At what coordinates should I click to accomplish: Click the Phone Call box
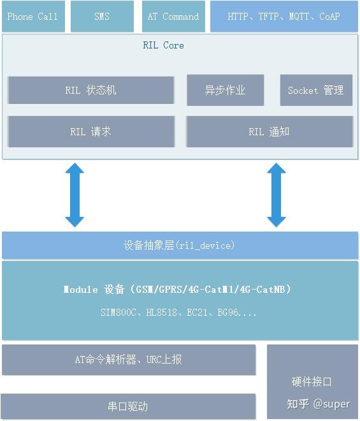click(x=32, y=17)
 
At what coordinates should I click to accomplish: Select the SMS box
click(x=102, y=17)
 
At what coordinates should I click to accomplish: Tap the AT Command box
click(x=173, y=17)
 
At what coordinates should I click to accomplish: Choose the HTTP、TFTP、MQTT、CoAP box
click(x=284, y=17)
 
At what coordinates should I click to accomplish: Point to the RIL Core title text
click(x=163, y=45)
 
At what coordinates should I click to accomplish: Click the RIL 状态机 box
click(x=90, y=91)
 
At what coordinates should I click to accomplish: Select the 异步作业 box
click(x=225, y=90)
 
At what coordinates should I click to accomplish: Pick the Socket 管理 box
click(x=315, y=90)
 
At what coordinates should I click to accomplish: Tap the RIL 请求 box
click(x=90, y=131)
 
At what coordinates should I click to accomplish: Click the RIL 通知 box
click(x=269, y=131)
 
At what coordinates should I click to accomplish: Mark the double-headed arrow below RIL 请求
click(x=75, y=195)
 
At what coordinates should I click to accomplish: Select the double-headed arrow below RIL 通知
click(x=276, y=195)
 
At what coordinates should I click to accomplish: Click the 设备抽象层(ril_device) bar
click(x=179, y=245)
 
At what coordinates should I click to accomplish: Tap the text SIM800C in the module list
click(x=117, y=313)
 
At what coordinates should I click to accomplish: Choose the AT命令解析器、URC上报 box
click(x=129, y=360)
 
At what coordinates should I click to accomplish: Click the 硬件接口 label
click(x=312, y=381)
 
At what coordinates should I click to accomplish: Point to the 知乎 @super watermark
click(x=318, y=404)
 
